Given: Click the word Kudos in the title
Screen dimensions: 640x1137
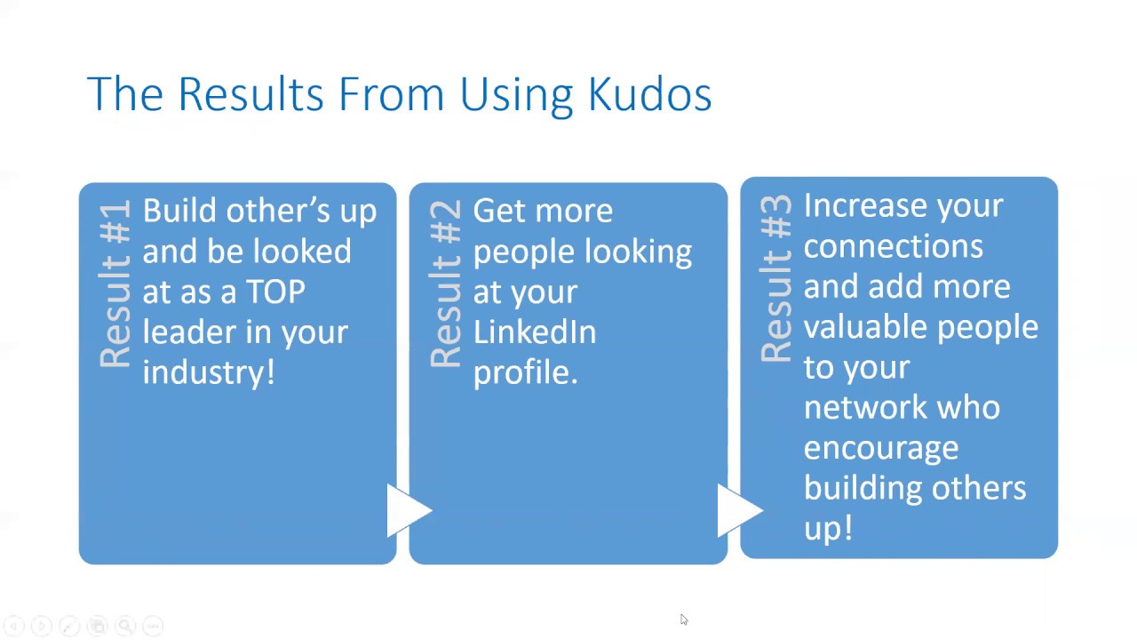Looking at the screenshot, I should click(649, 94).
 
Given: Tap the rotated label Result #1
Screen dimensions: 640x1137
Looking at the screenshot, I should click(115, 284).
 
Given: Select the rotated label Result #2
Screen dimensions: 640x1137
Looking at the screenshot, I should click(446, 284).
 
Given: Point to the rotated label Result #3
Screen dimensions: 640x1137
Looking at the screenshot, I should click(776, 279).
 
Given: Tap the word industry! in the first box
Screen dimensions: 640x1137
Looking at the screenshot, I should click(208, 372).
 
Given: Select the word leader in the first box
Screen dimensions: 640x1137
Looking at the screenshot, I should click(187, 332).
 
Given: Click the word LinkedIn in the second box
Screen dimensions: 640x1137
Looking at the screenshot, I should click(534, 332).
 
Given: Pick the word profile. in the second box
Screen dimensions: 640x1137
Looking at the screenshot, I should click(525, 372).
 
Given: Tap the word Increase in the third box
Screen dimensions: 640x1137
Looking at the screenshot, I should click(864, 206).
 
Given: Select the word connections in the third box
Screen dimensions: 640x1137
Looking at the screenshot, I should click(893, 246).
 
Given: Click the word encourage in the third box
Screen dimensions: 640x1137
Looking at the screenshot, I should click(880, 448).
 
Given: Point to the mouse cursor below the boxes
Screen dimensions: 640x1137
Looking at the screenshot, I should click(683, 620).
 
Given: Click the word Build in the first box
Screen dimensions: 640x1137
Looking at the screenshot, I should click(179, 212).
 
